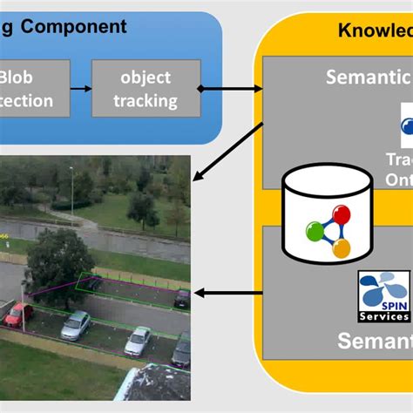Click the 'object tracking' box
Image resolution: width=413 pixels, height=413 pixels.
[x=146, y=89]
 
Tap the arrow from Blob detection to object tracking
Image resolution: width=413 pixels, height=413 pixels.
[x=80, y=89]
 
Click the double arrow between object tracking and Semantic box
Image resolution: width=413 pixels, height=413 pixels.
[x=231, y=89]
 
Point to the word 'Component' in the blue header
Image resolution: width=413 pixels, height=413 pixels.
[x=74, y=26]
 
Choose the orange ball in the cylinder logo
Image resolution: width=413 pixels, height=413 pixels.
[x=342, y=248]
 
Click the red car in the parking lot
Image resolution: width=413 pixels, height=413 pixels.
[x=17, y=314]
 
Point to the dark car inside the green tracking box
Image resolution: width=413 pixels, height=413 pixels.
[x=181, y=299]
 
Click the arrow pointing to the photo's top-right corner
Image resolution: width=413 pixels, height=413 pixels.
[x=226, y=152]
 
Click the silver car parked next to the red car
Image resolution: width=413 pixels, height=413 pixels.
[x=76, y=325]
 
